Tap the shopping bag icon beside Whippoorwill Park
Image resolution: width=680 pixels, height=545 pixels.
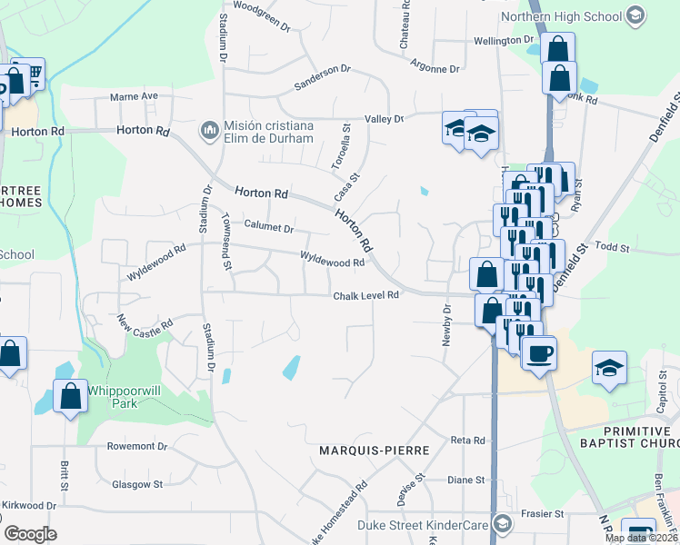(x=70, y=397)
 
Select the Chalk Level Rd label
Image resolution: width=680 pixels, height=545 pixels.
(x=365, y=295)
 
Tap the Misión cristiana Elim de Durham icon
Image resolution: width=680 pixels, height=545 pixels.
(x=210, y=132)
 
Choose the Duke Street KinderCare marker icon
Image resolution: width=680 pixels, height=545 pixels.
(x=502, y=522)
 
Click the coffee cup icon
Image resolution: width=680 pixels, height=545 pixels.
(x=539, y=352)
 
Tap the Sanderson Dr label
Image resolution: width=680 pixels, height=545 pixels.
(x=322, y=78)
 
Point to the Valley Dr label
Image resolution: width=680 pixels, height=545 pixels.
(x=384, y=118)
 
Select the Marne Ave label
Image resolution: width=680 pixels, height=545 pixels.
(x=134, y=95)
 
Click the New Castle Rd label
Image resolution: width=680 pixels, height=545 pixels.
(x=145, y=323)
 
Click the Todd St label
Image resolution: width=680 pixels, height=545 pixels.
(x=614, y=247)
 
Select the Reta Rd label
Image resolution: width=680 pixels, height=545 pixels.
(x=467, y=440)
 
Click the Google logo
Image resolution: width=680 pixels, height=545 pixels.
(x=30, y=533)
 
